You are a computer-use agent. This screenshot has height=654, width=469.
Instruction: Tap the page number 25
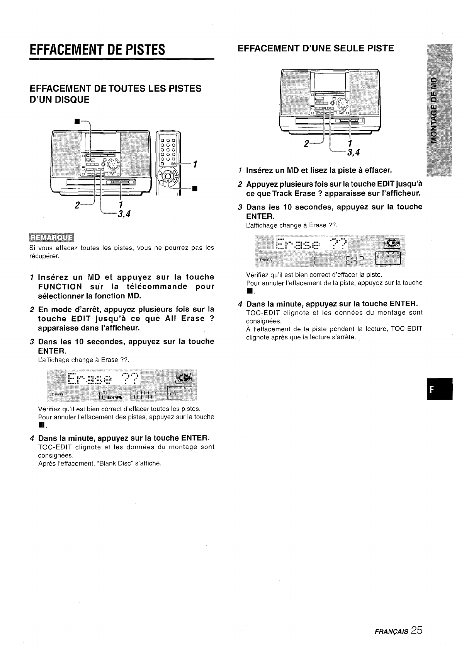[416, 630]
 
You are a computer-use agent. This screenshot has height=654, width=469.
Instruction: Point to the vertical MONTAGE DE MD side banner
[436, 111]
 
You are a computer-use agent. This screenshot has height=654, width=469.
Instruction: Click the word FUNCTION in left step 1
[60, 286]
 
